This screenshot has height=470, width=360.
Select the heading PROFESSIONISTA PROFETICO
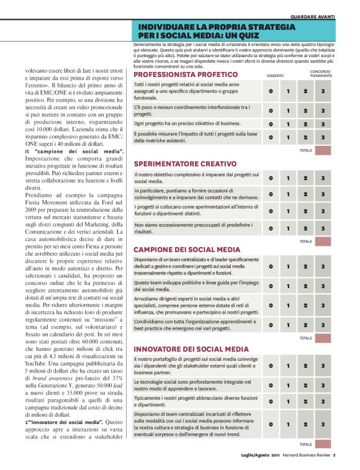click(186, 74)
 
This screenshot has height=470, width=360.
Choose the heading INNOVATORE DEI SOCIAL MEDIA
click(191, 349)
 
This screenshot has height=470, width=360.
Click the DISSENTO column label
click(275, 75)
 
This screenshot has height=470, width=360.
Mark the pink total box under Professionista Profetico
click(323, 150)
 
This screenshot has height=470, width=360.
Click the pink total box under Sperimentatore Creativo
click(323, 241)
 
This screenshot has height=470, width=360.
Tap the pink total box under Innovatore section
click(323, 444)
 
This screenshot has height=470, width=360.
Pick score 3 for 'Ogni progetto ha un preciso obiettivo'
click(323, 124)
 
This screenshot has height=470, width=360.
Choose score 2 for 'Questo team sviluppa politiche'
click(305, 286)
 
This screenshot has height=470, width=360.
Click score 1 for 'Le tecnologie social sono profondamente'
click(288, 385)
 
